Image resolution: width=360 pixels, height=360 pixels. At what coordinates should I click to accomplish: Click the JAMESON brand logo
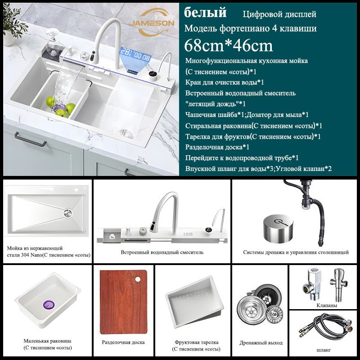pos(152,23)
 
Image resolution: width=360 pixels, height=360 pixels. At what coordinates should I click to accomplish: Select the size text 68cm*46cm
pos(229,45)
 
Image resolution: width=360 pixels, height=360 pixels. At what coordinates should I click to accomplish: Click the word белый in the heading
pos(205,13)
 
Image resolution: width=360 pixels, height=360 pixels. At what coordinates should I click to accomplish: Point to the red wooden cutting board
pos(123,302)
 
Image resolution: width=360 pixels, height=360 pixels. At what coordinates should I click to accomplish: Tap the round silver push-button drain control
pos(278,228)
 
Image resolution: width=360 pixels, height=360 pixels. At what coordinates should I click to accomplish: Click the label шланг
pos(324,350)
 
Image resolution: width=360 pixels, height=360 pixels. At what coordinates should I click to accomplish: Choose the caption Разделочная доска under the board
pos(123,342)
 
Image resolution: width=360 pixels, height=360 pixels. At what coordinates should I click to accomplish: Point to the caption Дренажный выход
pos(261,343)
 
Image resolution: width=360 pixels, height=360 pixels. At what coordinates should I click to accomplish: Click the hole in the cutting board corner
pos(138,279)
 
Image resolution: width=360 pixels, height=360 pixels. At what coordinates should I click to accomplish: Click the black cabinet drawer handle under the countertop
pos(30,139)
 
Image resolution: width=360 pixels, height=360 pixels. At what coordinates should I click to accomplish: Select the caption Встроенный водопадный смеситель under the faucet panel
pos(162,252)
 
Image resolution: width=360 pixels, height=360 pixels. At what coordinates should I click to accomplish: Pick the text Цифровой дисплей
pos(279,14)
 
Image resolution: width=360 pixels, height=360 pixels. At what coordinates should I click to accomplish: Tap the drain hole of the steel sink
pos(68,213)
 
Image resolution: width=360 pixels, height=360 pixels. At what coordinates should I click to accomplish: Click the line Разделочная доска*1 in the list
pos(217,147)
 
